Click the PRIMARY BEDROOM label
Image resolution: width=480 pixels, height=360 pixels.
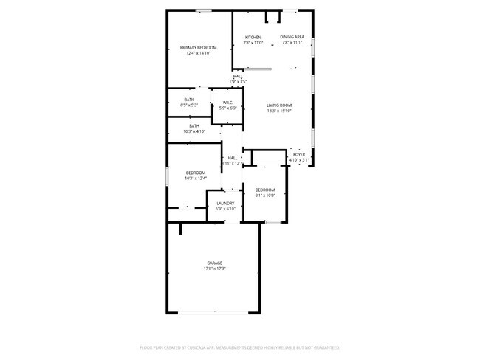click(199, 48)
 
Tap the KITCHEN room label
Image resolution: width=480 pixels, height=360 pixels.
click(253, 37)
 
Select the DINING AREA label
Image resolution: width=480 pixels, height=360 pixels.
click(292, 37)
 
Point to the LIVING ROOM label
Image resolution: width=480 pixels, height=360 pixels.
click(279, 105)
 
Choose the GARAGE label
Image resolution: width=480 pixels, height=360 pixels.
click(214, 263)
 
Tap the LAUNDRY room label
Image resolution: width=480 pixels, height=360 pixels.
click(225, 204)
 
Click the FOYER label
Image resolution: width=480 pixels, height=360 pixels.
click(299, 154)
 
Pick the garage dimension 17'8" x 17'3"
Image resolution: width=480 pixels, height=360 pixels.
click(214, 269)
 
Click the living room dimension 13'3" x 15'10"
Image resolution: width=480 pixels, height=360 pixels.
click(279, 111)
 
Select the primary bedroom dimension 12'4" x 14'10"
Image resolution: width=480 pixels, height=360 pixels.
click(199, 54)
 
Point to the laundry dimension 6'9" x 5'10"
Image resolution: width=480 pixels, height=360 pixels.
click(225, 210)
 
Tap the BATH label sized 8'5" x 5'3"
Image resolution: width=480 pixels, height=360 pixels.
click(190, 100)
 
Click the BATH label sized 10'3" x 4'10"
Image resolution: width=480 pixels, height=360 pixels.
click(194, 125)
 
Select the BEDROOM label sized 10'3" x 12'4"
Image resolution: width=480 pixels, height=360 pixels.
click(196, 173)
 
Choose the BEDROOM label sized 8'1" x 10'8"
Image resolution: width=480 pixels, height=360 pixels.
click(265, 190)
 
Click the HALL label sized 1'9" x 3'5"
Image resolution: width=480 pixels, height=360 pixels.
click(238, 76)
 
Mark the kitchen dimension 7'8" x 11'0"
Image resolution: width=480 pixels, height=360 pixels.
click(253, 43)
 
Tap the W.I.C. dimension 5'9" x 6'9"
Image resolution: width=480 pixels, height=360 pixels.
click(227, 108)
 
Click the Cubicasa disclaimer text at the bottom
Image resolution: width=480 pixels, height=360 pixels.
click(239, 347)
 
